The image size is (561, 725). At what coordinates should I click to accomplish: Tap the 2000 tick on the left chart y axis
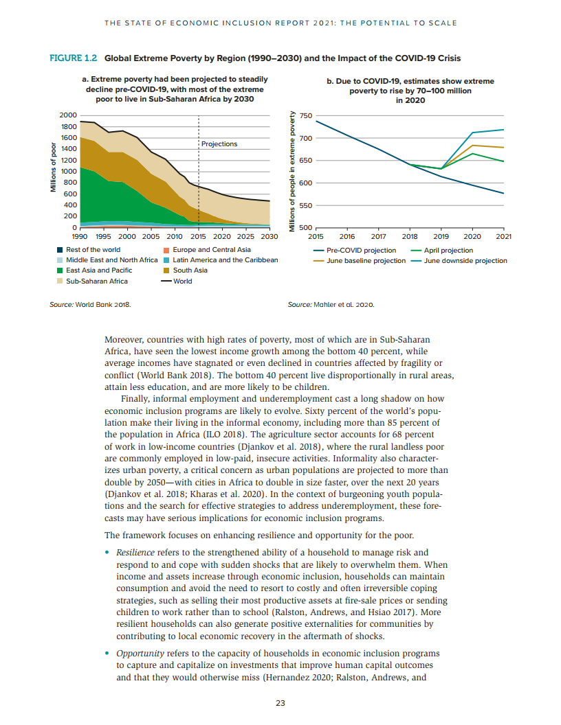68,115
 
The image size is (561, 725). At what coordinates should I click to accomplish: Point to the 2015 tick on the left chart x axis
198,236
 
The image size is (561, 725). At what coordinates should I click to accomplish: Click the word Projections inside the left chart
219,144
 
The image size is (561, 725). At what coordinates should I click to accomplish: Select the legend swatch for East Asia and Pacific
60,271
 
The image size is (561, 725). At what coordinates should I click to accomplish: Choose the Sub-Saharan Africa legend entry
91,281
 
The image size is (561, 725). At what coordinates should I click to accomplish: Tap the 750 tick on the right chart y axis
306,116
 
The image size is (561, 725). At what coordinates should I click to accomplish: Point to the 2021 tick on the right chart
503,236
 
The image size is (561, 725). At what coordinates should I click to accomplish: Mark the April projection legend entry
448,251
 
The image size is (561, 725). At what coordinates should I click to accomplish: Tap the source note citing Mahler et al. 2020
331,303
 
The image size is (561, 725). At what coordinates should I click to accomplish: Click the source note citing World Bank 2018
90,303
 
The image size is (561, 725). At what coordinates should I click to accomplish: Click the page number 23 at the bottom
280,702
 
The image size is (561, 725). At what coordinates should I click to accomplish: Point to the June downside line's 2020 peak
472,133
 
